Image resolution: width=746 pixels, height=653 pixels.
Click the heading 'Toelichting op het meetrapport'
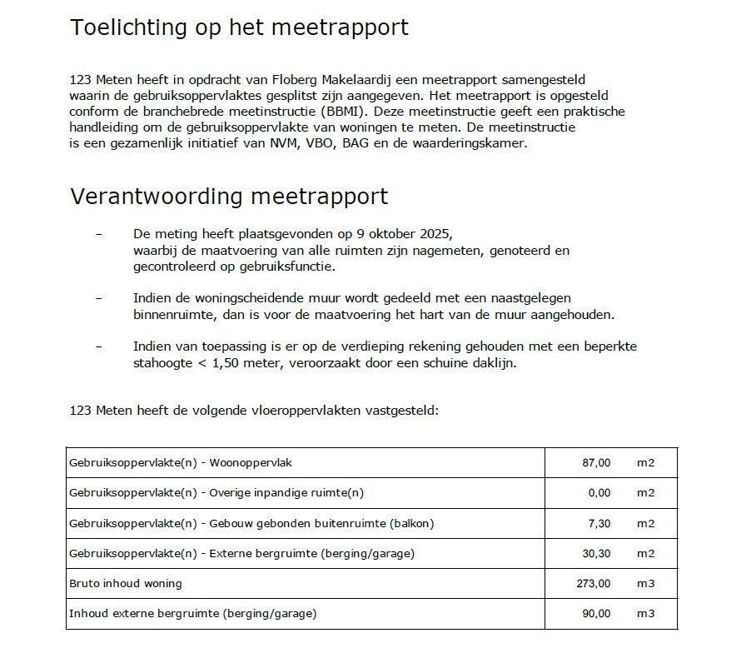239,27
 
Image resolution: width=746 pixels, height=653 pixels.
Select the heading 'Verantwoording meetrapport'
229,197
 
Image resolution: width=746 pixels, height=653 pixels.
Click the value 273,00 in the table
593,583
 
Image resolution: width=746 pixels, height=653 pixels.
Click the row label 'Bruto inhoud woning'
125,583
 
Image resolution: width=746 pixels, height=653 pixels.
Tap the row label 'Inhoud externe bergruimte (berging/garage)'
192,614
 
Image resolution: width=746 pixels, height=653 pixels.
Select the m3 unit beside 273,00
645,583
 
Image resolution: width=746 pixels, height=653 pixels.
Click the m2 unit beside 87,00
645,462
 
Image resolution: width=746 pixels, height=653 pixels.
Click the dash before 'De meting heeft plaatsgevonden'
99,233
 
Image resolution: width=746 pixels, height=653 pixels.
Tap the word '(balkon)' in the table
409,523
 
